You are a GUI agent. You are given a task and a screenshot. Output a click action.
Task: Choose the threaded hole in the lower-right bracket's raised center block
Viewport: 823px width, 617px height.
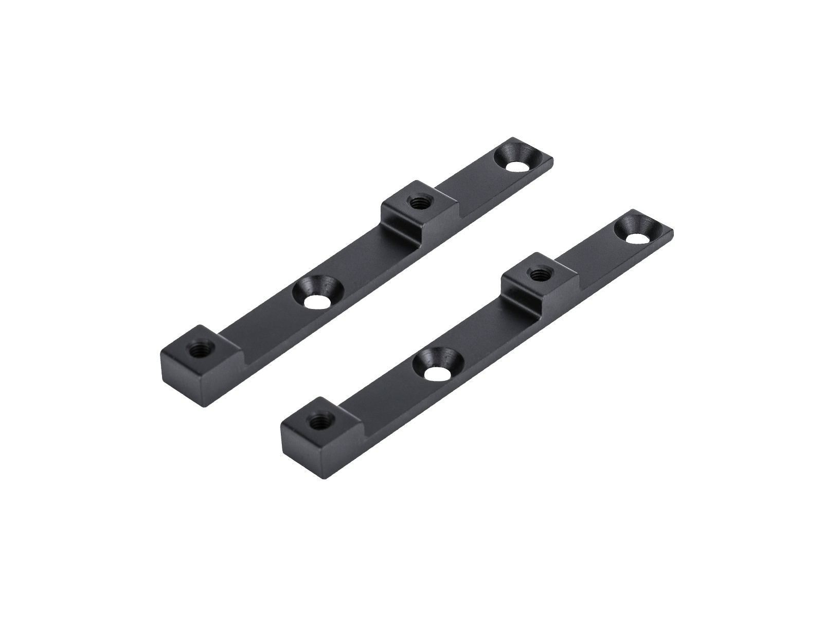click(x=539, y=275)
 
